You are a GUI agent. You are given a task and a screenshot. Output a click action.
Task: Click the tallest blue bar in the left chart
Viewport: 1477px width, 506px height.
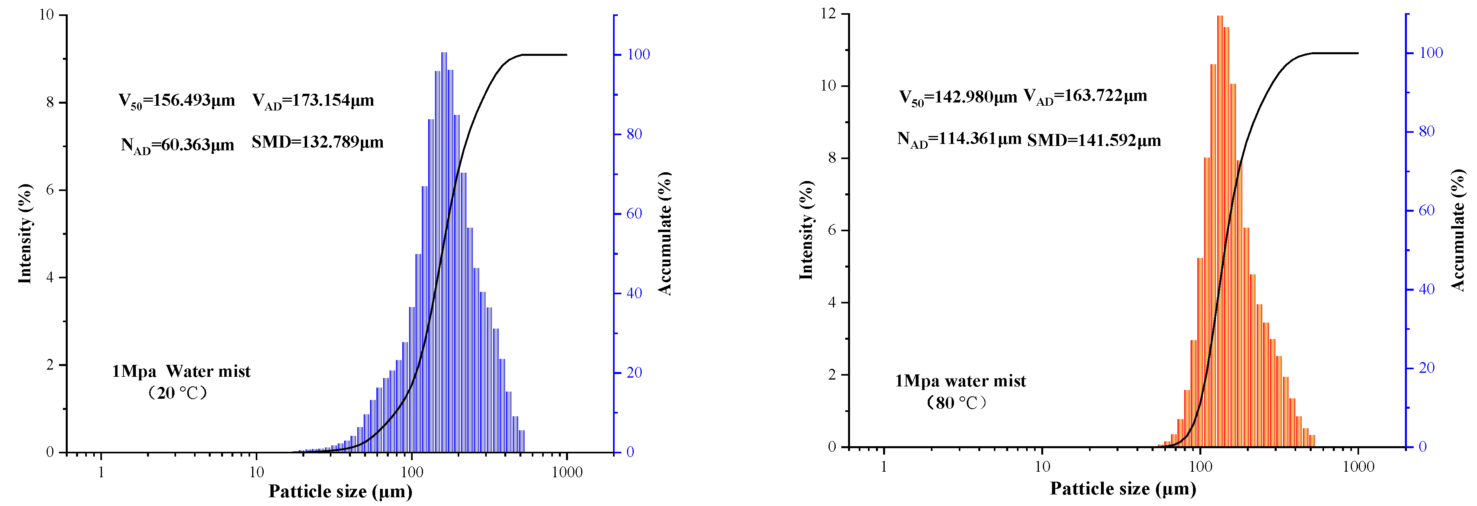point(444,252)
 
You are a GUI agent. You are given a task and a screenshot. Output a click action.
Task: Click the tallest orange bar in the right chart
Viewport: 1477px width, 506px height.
point(1220,230)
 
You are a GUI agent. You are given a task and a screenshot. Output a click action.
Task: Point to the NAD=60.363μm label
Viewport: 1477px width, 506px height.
point(177,145)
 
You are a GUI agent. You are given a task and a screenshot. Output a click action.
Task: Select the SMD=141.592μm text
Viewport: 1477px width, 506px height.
point(1093,140)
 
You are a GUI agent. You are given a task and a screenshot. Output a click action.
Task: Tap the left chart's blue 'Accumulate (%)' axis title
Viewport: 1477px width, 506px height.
point(664,234)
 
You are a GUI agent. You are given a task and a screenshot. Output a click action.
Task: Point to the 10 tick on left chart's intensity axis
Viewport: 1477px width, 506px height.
point(47,14)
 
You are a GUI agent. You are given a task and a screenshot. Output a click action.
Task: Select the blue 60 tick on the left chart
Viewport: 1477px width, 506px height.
point(634,213)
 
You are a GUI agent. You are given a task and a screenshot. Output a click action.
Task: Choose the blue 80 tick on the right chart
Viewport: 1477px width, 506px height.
point(1426,131)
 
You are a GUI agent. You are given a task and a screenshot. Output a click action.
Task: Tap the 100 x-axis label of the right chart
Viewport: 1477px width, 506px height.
point(1200,467)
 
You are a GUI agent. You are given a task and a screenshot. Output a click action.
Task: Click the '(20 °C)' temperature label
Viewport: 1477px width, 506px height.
point(177,393)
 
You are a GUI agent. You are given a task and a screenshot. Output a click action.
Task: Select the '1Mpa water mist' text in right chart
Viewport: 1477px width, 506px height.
point(960,381)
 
